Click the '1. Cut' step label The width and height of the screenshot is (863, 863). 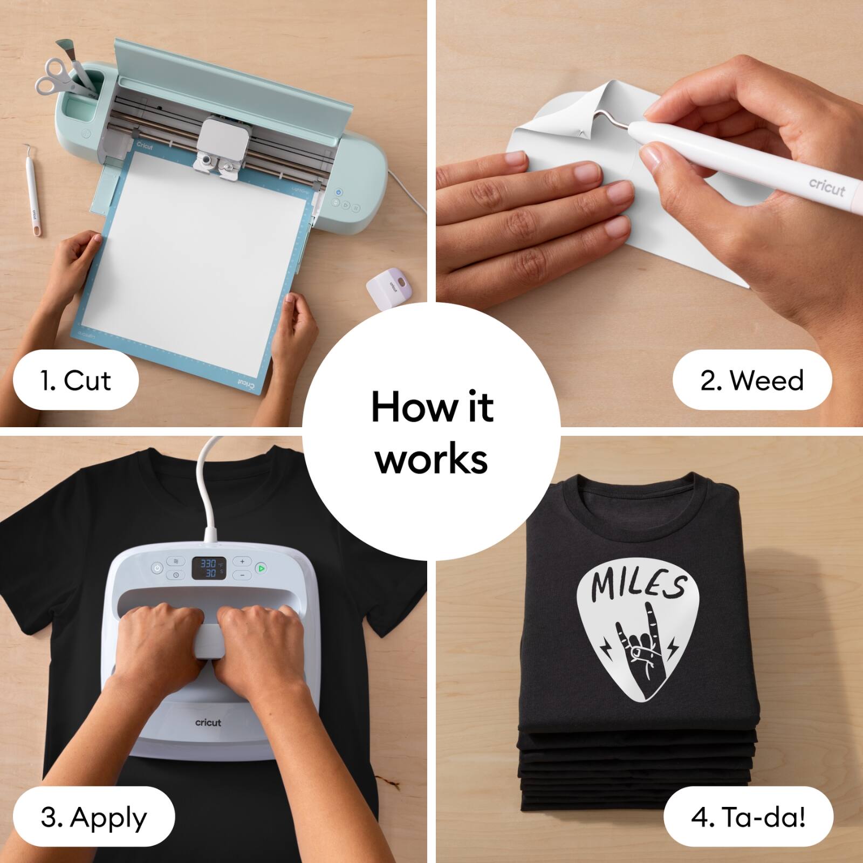coord(76,380)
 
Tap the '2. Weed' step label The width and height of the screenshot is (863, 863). coord(752,380)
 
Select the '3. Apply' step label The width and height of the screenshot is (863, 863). coord(93,817)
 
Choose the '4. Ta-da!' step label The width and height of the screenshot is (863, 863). coord(748,817)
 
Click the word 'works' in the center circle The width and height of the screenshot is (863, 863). coord(432,459)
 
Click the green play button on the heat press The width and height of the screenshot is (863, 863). coord(261,568)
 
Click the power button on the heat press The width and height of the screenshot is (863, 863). coord(157,568)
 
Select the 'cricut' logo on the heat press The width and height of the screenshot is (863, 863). coord(208,722)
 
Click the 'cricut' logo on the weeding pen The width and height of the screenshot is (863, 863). coord(826,187)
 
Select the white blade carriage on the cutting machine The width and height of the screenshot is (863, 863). coord(224,142)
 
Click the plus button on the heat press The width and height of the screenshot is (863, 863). coord(242,561)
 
